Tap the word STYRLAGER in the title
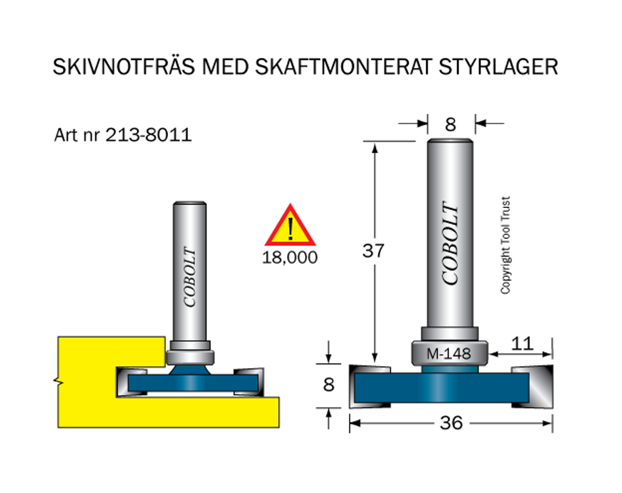(498, 67)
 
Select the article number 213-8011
(148, 135)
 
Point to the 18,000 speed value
(290, 258)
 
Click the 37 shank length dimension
(374, 251)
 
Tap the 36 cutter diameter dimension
(451, 422)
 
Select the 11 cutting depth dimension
(522, 343)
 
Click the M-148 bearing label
(449, 353)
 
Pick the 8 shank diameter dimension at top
(450, 125)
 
